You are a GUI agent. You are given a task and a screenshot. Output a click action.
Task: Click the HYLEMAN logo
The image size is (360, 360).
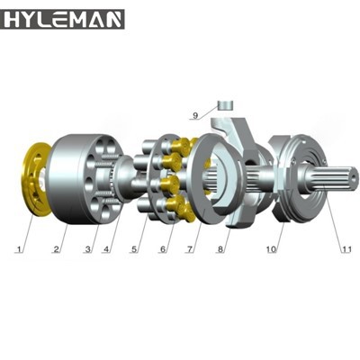tap(63, 19)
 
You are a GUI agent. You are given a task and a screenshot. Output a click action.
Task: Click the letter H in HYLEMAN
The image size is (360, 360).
tap(12, 19)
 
